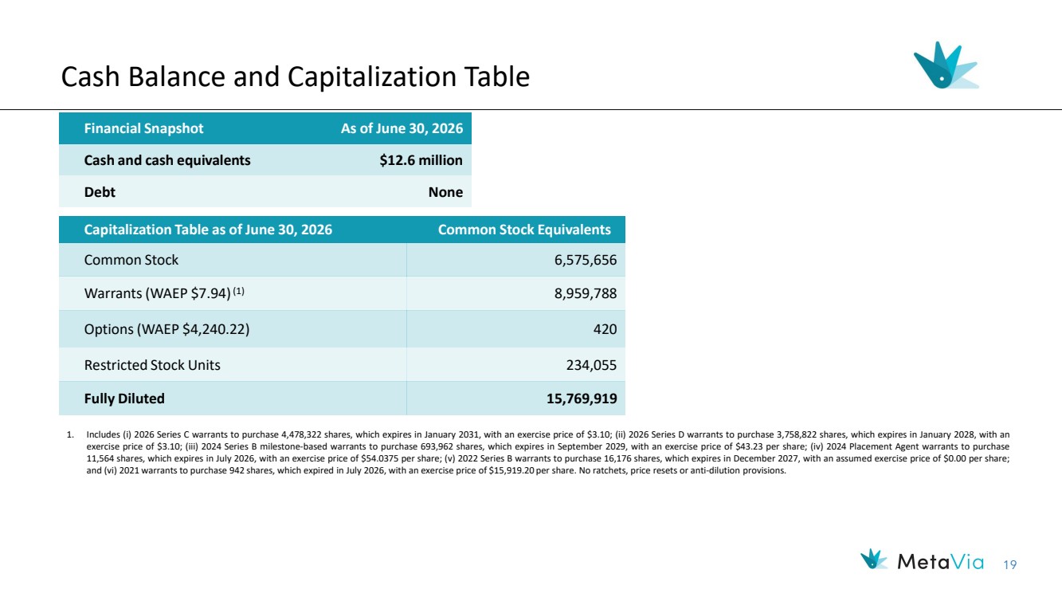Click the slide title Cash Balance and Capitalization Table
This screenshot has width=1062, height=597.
coord(296,77)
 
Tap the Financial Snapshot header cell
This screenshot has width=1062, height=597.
coord(143,128)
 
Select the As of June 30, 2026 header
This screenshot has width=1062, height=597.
coord(402,128)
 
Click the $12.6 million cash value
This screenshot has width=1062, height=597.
coord(421,160)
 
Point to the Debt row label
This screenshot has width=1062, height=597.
coord(100,192)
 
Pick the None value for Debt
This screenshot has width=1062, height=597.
coord(445,192)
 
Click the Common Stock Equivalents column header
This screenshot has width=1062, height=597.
coord(524,230)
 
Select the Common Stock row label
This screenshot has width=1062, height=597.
coord(131,260)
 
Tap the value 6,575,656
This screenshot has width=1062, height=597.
coord(586,260)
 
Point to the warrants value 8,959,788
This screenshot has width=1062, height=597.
coord(586,293)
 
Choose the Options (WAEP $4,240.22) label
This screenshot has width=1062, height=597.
coord(167,329)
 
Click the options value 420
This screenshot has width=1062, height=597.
coord(605,329)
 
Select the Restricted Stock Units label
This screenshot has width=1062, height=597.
coord(152,365)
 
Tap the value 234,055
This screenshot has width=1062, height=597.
coord(592,365)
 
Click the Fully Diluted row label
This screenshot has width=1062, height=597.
coord(124,399)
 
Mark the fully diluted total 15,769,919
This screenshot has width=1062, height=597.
coord(582,399)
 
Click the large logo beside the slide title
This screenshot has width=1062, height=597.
coord(946,65)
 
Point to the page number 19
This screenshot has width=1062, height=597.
coord(1010,565)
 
